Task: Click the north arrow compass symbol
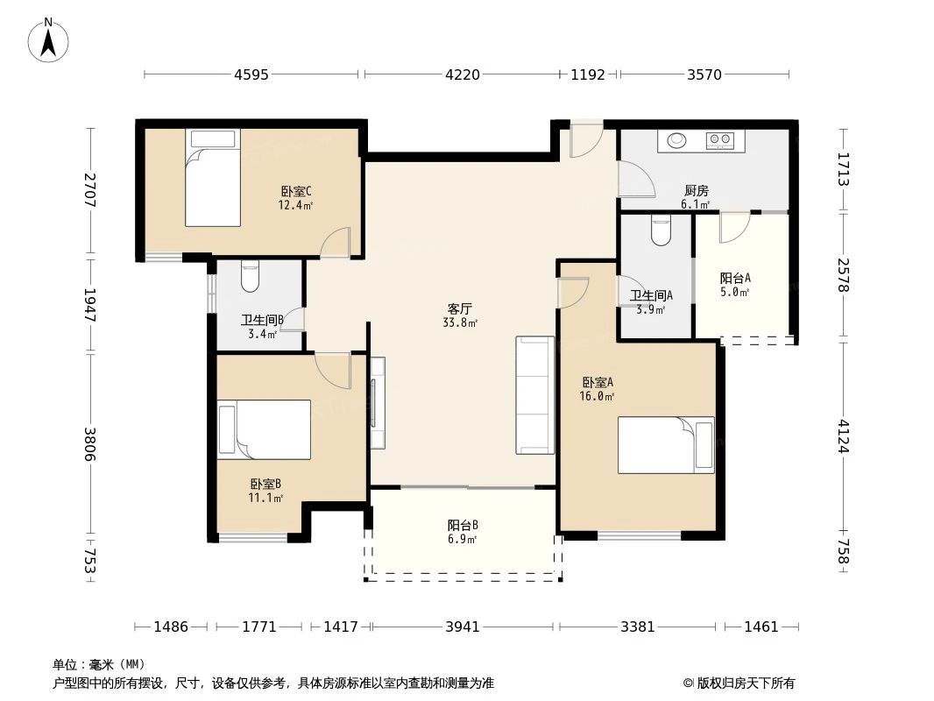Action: (x=48, y=40)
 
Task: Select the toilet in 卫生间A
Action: (x=661, y=230)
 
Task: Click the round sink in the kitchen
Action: (x=676, y=140)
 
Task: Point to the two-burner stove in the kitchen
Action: (x=720, y=140)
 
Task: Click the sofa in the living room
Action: (x=535, y=395)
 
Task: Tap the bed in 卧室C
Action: (x=213, y=178)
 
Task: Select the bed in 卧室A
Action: (x=666, y=445)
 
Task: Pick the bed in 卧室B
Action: (x=264, y=429)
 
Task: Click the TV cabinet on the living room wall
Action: (x=378, y=402)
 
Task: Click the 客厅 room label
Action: (x=460, y=308)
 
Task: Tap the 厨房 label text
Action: (x=697, y=191)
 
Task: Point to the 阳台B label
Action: (x=463, y=525)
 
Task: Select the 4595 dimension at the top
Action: (x=251, y=74)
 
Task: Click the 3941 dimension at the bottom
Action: (x=463, y=627)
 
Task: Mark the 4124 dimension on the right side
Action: (x=844, y=436)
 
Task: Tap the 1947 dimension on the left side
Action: (x=90, y=306)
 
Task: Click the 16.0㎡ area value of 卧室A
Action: (x=597, y=396)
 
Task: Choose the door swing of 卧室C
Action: (x=336, y=243)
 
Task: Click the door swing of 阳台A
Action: (x=734, y=228)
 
